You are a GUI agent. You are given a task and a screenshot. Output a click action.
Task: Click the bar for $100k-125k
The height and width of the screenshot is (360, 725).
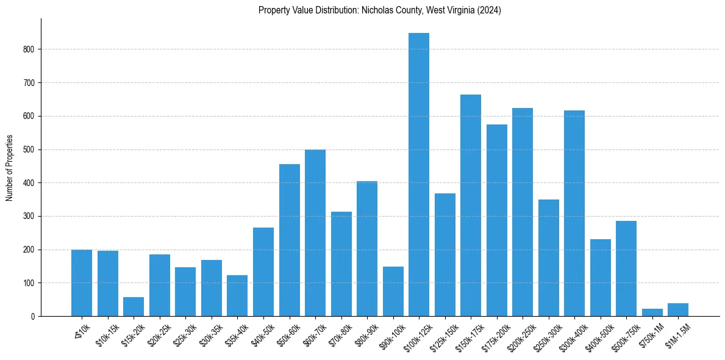[x=419, y=175]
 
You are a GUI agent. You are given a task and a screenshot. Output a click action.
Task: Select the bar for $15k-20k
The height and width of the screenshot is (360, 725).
[x=134, y=306]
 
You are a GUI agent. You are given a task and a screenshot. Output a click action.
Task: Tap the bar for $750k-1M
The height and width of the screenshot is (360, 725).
[x=652, y=312]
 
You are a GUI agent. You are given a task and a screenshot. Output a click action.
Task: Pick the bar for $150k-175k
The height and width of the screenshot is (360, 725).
[x=471, y=205]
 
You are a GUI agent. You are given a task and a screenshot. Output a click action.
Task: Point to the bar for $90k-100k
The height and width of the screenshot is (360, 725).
[x=393, y=292]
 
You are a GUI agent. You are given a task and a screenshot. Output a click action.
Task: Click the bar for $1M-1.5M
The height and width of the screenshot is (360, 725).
[x=678, y=310]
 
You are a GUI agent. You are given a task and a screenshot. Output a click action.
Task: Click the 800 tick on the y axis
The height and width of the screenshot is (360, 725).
[x=34, y=49]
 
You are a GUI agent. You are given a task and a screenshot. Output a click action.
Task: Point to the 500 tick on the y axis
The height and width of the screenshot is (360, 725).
[x=34, y=149]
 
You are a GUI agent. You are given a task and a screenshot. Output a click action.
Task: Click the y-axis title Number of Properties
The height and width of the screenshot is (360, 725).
[x=10, y=167]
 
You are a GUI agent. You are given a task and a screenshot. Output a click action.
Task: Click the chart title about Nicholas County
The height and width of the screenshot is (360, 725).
[x=379, y=10]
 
